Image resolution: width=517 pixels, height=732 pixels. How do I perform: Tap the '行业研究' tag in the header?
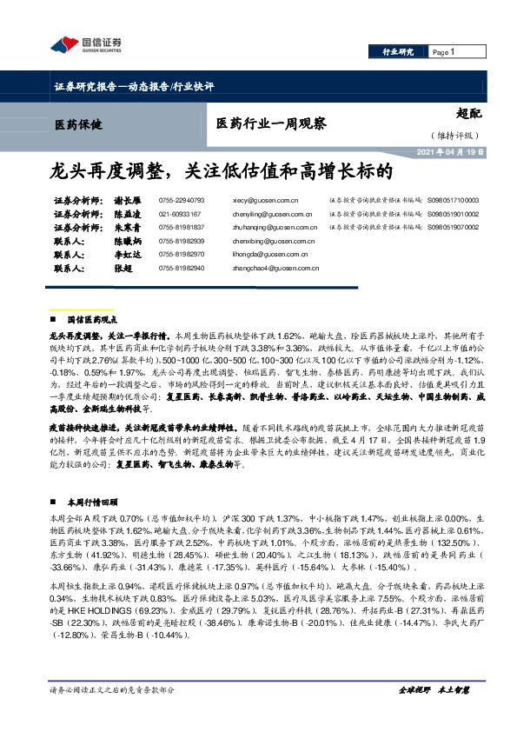click(399, 53)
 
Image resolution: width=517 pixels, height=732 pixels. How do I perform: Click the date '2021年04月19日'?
click(444, 152)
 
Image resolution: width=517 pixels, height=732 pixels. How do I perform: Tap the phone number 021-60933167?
click(180, 213)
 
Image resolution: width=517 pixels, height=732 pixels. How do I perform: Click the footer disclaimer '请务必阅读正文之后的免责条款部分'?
click(112, 713)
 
